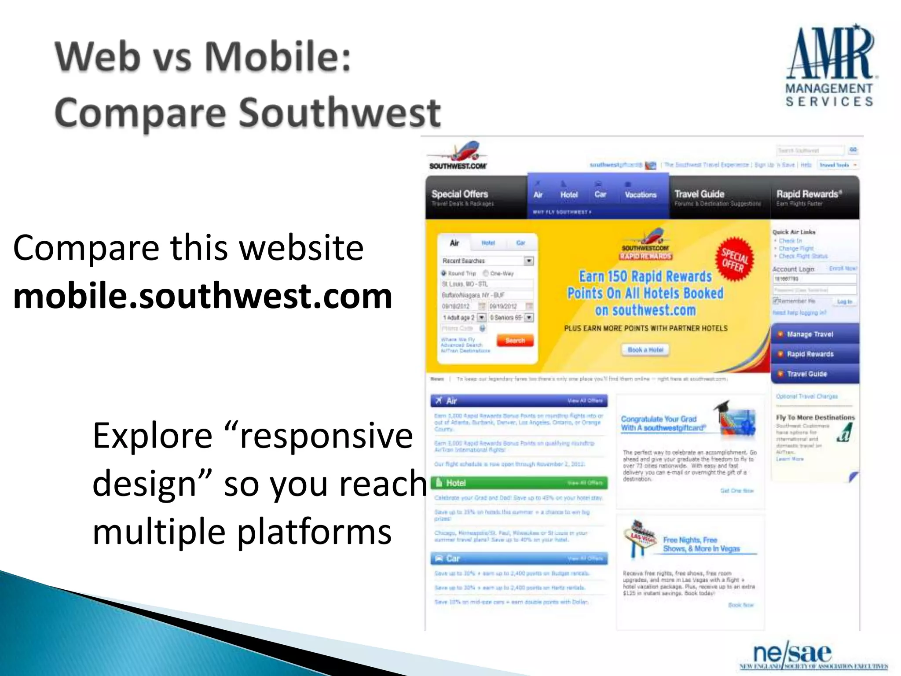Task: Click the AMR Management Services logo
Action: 829,66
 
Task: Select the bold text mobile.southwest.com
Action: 202,296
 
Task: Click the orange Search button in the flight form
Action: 515,341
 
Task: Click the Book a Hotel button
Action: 645,349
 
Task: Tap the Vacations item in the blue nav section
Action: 640,194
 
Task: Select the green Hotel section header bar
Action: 519,483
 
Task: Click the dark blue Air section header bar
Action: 519,400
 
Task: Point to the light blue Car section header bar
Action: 519,558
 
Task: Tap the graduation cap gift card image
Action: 736,418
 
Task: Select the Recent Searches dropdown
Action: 487,261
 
